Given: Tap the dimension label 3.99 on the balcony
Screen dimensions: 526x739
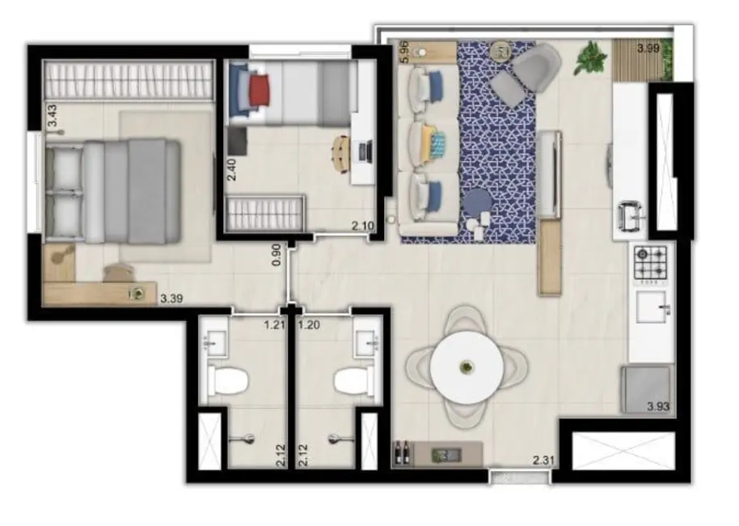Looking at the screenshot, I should tap(648, 49).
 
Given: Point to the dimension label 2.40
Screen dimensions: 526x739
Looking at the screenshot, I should tap(231, 169).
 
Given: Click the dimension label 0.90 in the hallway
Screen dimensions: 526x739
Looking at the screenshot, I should tap(276, 255).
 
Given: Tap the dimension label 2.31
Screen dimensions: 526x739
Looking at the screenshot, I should tap(543, 461).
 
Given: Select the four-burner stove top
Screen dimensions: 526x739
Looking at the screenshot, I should tap(652, 261).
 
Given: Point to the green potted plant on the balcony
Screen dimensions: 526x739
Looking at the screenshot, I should tap(591, 58).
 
